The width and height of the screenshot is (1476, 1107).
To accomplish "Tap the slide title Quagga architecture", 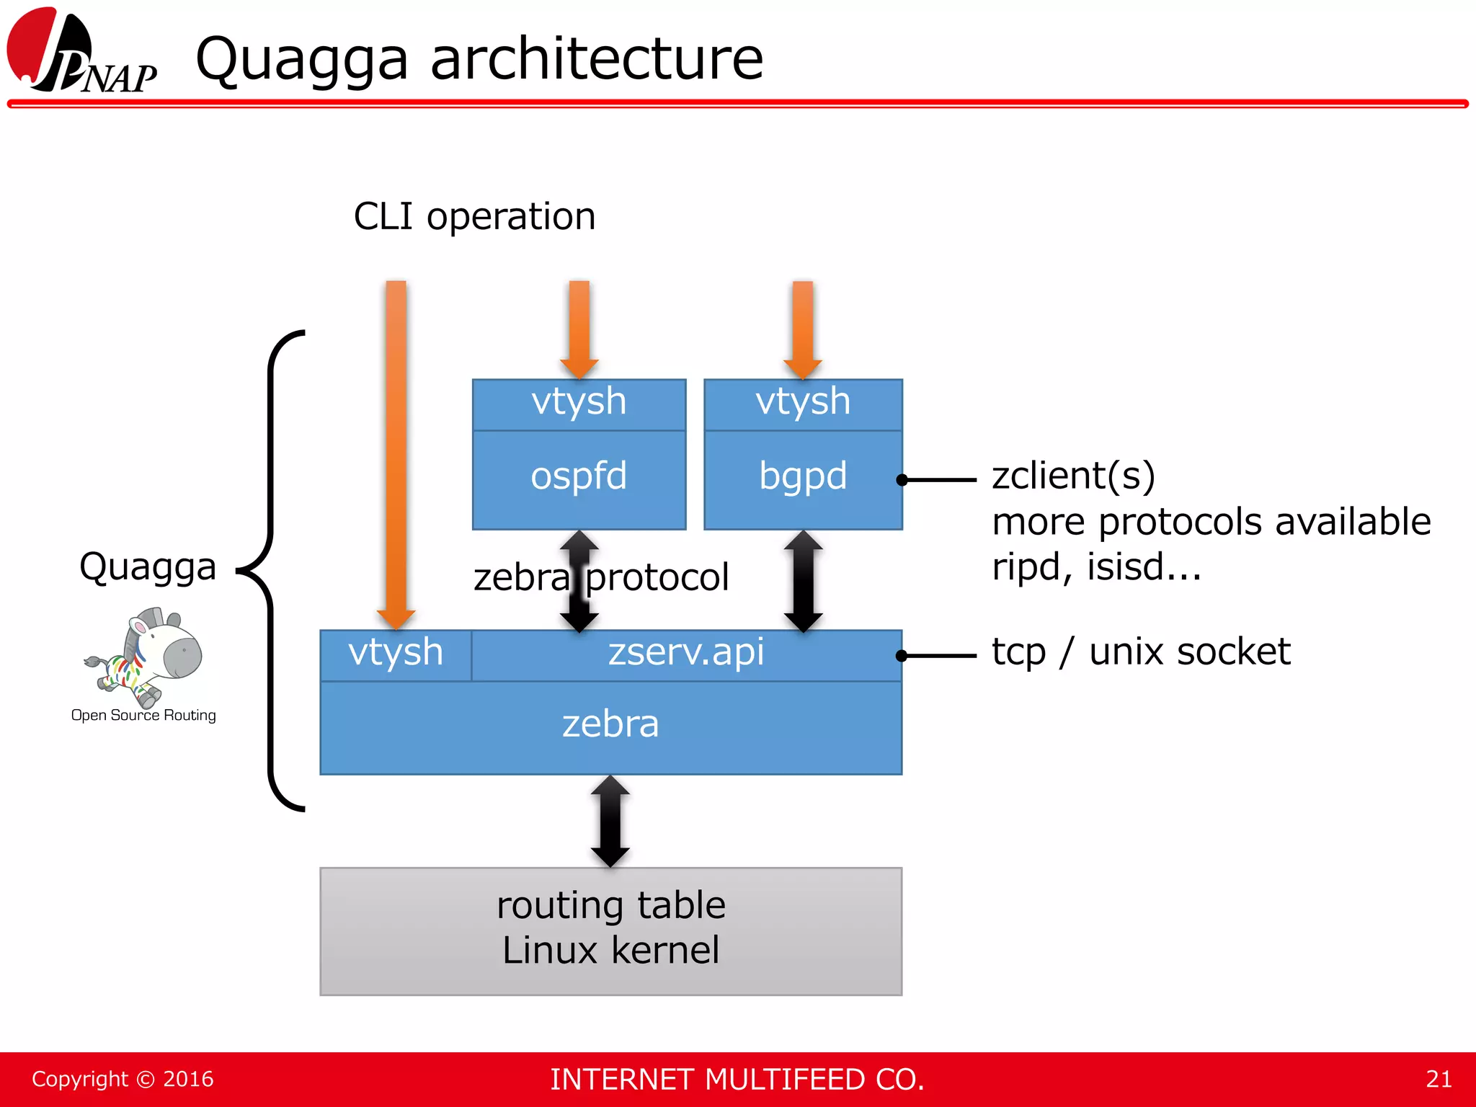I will (x=479, y=59).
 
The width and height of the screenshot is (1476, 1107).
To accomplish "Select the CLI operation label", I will (x=474, y=216).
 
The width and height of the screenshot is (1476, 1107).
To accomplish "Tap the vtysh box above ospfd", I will (x=579, y=403).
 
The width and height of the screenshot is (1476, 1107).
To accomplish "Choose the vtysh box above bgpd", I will (x=803, y=403).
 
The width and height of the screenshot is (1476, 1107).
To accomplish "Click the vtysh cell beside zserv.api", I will (x=396, y=654).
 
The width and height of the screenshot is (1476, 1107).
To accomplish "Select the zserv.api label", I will (x=685, y=653).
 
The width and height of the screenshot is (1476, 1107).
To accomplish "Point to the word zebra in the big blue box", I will (x=610, y=724).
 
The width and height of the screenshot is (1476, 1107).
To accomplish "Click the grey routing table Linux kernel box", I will (x=610, y=930).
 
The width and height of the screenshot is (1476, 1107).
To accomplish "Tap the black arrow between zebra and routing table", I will (x=610, y=821).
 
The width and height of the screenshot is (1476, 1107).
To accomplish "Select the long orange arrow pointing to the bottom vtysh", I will (x=396, y=447).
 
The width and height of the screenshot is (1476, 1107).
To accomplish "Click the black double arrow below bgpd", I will (x=803, y=580).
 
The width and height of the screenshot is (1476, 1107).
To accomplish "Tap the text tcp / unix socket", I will (x=1140, y=652).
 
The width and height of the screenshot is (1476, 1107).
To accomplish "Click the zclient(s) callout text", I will (x=1073, y=476).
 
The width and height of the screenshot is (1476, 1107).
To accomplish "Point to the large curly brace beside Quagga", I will (x=272, y=569).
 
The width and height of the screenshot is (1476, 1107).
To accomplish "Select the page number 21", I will (x=1438, y=1079).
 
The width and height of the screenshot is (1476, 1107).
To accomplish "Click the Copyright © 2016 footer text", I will (x=123, y=1079).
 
